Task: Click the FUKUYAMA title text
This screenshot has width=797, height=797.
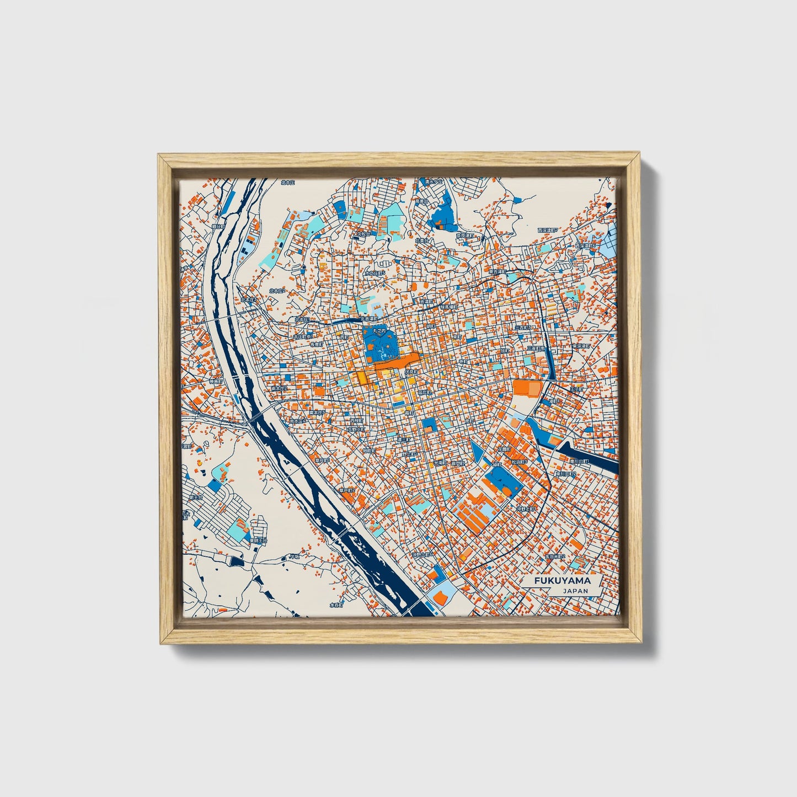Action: [x=561, y=581]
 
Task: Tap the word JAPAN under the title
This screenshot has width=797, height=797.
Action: [x=575, y=591]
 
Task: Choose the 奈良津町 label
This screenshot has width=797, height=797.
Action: [x=464, y=236]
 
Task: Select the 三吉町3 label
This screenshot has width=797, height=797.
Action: [x=523, y=328]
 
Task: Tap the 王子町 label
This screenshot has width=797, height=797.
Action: [x=576, y=389]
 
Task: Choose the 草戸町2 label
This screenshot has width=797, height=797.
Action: [x=347, y=490]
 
